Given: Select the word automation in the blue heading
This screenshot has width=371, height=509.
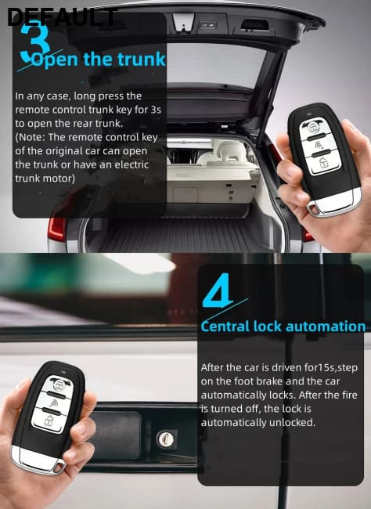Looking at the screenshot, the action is coord(326,327).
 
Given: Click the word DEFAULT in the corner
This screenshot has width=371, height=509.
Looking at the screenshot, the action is coord(62,17).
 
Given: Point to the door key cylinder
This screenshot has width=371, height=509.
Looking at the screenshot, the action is coord(165,439).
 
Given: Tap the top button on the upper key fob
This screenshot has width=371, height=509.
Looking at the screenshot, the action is coord(312,128).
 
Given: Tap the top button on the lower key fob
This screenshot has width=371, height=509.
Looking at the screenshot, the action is coord(59,385).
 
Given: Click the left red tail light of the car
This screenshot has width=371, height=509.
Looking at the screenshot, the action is coord(56,229).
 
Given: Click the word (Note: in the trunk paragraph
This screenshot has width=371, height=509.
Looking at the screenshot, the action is coord(30,137).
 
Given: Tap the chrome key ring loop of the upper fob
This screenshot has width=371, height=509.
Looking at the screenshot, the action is coord(313,208).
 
